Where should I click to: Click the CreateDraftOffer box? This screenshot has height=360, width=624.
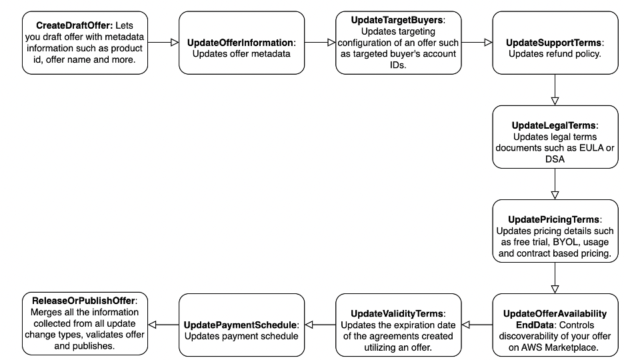85,42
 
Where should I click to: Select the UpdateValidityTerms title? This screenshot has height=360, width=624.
398,313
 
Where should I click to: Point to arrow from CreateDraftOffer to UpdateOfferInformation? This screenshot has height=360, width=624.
163,43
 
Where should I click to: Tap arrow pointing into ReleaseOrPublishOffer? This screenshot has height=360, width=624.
163,325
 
